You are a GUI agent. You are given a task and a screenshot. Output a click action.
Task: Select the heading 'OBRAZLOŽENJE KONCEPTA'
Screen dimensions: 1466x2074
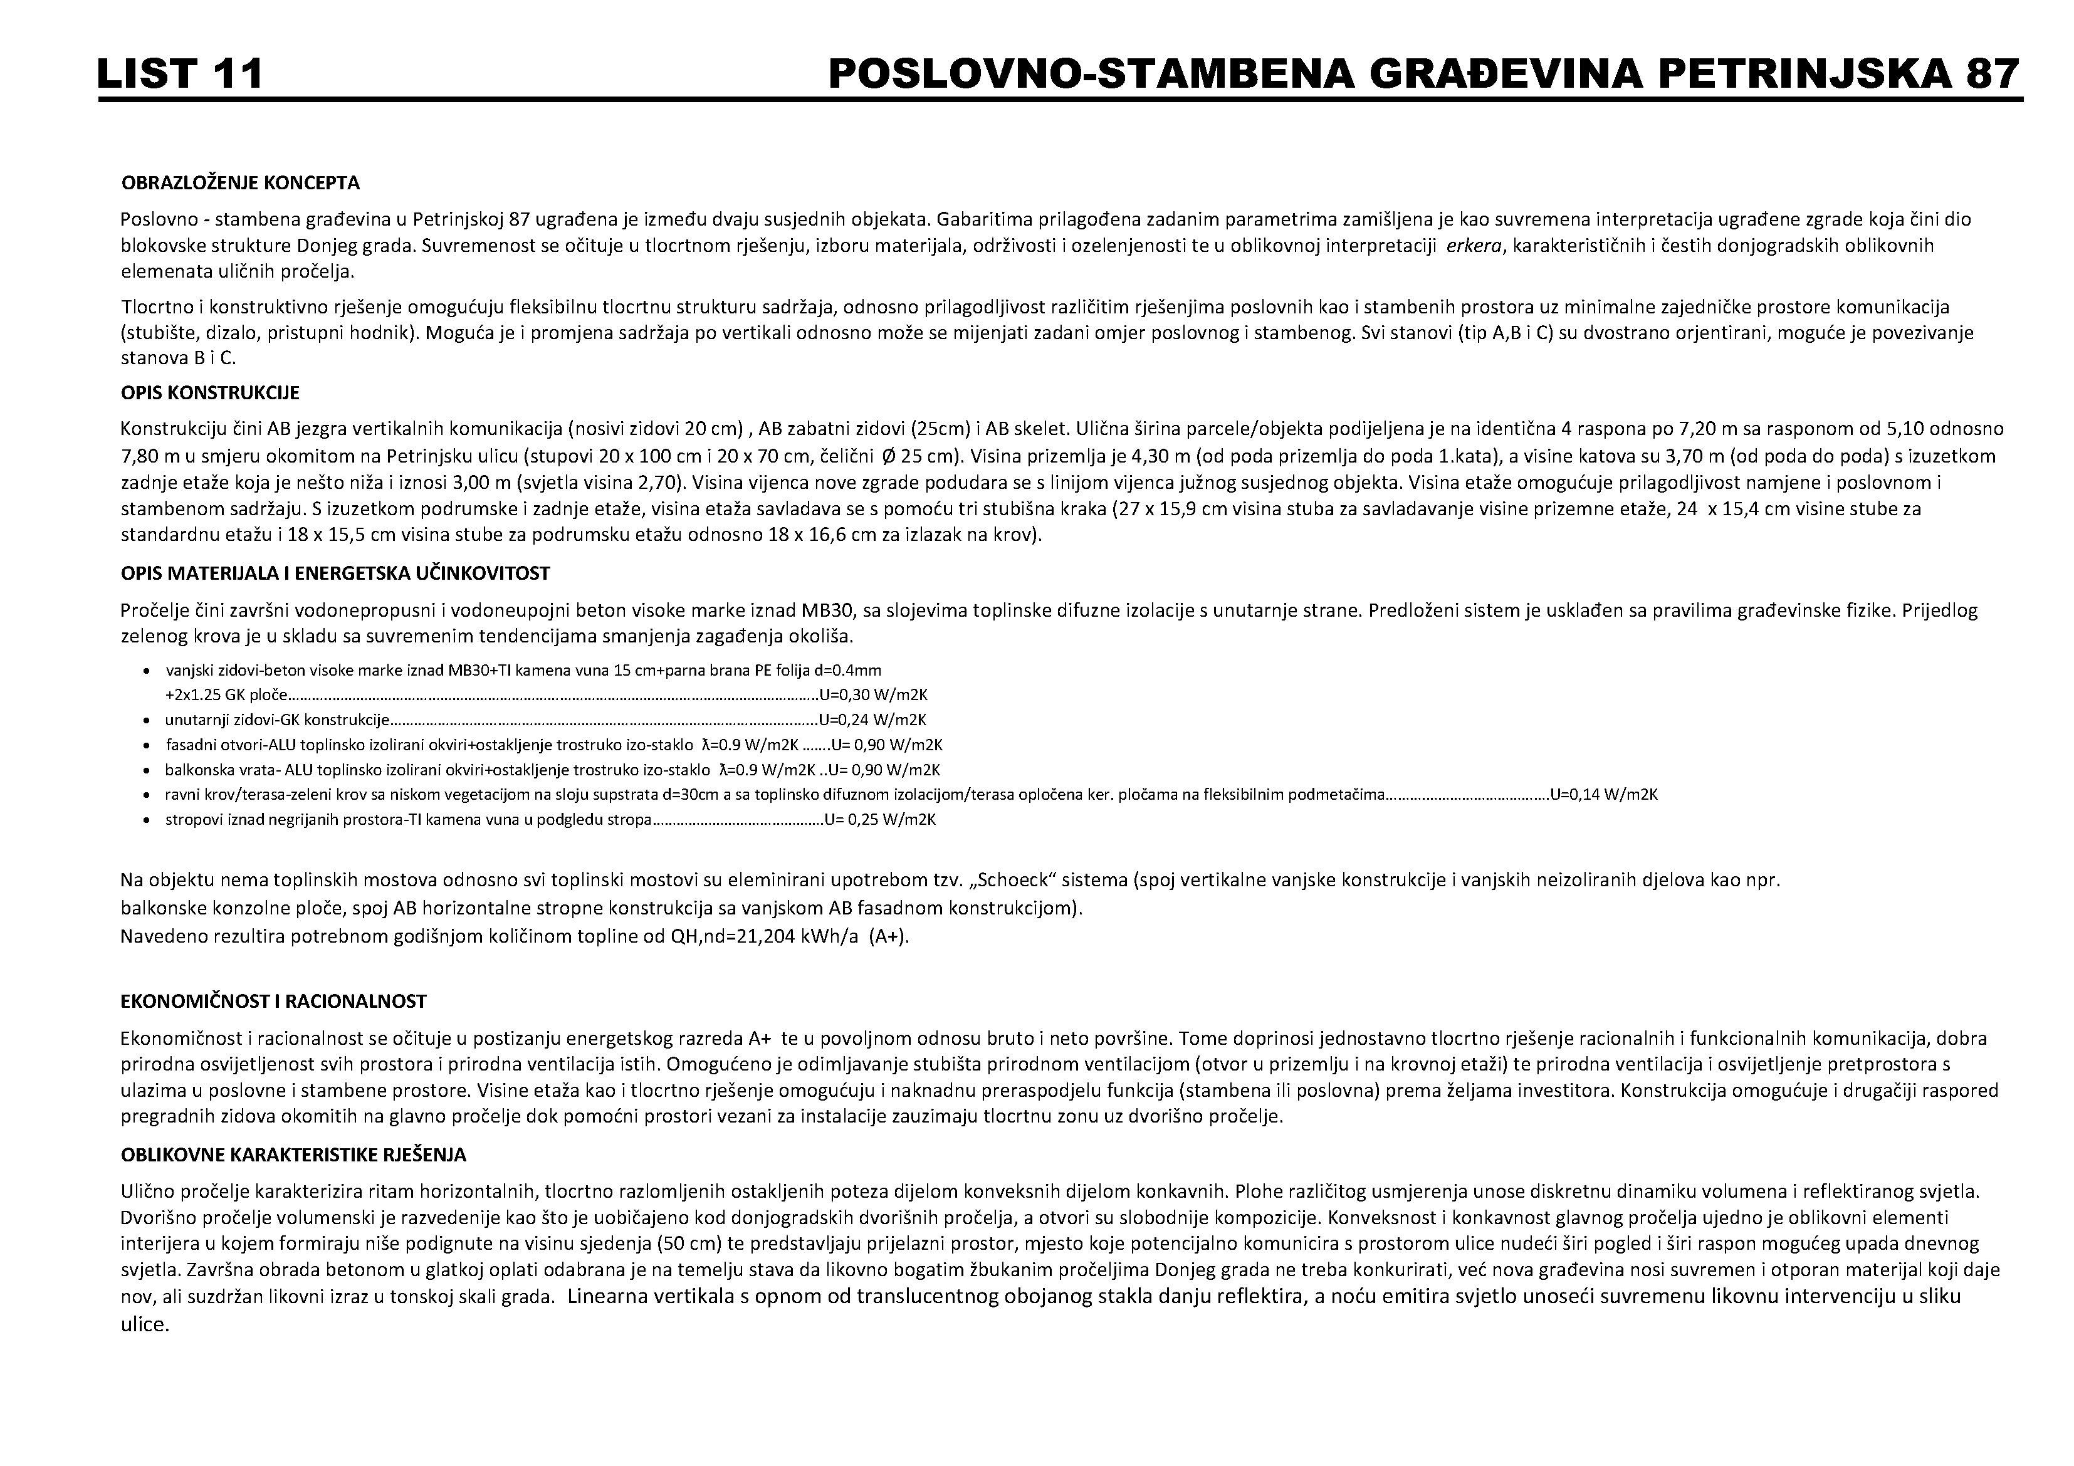[x=240, y=184]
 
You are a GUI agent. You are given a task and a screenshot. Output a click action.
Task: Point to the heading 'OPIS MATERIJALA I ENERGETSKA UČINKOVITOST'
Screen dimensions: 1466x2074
[x=335, y=573]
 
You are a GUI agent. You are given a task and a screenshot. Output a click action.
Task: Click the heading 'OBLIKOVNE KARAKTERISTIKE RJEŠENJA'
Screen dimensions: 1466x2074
[x=293, y=1155]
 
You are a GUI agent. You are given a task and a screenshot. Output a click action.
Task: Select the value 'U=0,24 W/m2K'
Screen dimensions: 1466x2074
[x=872, y=721]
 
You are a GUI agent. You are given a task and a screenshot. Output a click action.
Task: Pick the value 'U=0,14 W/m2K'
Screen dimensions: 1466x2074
[x=1603, y=795]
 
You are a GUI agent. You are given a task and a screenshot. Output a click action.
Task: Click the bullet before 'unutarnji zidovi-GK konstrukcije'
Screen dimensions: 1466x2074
[x=146, y=721]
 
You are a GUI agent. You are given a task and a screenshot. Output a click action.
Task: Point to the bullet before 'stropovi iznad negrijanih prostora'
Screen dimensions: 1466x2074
[x=146, y=821]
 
